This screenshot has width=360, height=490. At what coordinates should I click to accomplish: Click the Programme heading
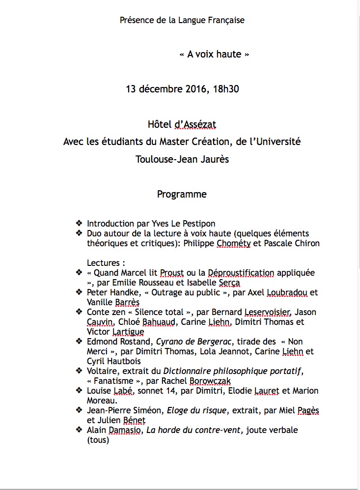pos(182,194)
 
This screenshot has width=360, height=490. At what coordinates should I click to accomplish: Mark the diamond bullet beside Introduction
pos(79,224)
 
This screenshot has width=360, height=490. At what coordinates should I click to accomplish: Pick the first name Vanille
pos(100,302)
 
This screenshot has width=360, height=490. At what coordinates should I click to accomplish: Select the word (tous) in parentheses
pos(98,440)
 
